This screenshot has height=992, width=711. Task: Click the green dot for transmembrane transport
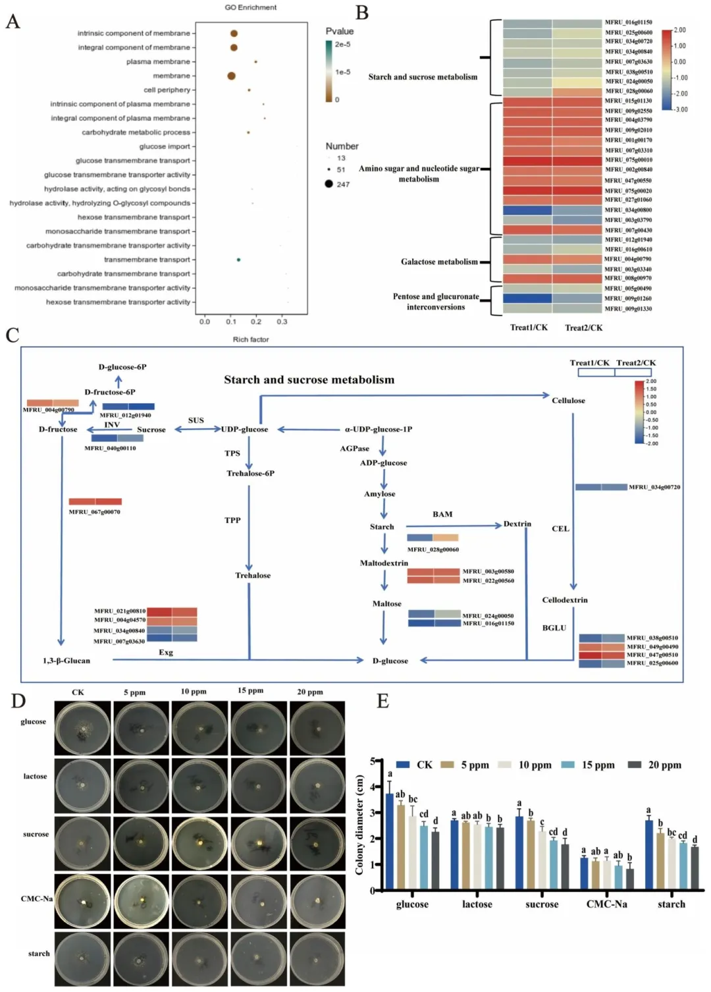(238, 260)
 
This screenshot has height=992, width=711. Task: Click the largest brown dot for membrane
(231, 76)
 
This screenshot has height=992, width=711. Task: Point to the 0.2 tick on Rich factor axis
(256, 321)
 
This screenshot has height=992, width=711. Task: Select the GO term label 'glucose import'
(165, 146)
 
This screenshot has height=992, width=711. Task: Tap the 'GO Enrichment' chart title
(251, 7)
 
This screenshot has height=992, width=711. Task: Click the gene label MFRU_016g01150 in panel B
(629, 22)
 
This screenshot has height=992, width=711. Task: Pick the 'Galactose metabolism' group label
(439, 262)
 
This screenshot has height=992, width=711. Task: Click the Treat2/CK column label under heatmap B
(583, 327)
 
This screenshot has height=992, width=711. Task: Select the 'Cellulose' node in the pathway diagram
(568, 400)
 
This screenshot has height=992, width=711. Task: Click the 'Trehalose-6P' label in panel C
(250, 473)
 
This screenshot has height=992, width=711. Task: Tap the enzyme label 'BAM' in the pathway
(442, 514)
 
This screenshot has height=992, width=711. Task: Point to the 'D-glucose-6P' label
(122, 367)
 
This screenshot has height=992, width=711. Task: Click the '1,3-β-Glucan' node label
(66, 661)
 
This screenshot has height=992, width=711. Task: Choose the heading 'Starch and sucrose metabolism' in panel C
(309, 380)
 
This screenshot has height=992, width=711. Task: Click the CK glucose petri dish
(82, 729)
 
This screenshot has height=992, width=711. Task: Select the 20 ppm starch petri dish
(317, 959)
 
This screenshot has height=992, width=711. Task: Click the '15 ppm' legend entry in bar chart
(597, 765)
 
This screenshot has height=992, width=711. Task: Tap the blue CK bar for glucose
(390, 841)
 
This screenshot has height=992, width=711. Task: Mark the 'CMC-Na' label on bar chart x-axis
(606, 904)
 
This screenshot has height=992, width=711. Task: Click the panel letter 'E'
(382, 701)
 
